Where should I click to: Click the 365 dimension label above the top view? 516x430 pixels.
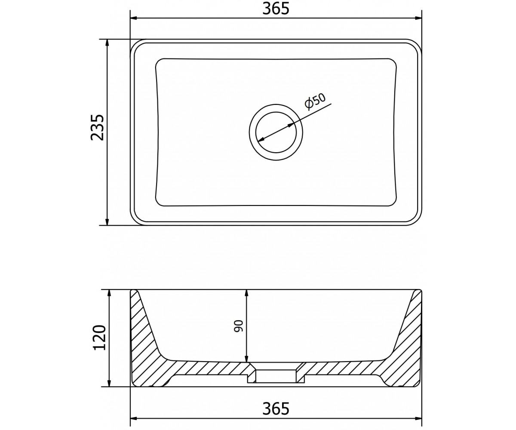[x=276, y=9]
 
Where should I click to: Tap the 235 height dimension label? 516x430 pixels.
[x=97, y=128]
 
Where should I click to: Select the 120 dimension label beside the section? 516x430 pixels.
[x=99, y=338]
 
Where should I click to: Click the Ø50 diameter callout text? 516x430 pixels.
[x=315, y=101]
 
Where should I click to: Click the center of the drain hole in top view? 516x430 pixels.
[x=276, y=132]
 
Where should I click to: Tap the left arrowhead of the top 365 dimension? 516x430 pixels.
[x=134, y=18]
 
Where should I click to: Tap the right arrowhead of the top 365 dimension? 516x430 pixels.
[x=418, y=18]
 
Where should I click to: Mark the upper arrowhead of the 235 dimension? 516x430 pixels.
[x=107, y=43]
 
